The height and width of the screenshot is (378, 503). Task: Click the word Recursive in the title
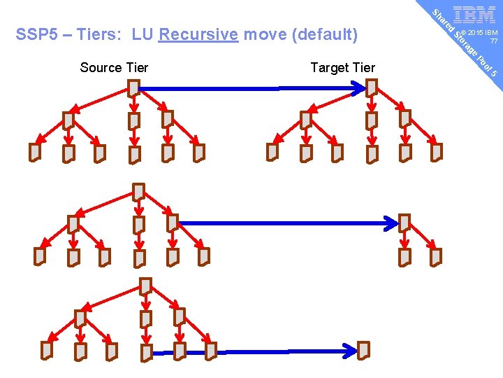click(198, 34)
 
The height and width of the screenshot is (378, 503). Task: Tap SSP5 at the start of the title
click(35, 34)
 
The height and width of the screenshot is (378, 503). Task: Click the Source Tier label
click(114, 67)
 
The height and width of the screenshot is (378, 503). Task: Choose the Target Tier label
click(342, 67)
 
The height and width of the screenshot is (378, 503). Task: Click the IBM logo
click(474, 15)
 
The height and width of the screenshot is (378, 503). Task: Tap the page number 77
click(493, 42)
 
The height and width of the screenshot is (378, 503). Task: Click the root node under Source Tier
click(133, 87)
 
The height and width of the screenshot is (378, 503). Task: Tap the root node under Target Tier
click(372, 87)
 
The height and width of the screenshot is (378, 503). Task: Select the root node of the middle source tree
click(139, 191)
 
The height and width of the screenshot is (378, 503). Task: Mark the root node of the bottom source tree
click(145, 286)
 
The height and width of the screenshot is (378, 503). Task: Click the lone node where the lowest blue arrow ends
click(363, 349)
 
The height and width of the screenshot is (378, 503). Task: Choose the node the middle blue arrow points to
click(404, 223)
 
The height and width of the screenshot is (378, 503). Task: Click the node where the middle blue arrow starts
click(172, 223)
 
